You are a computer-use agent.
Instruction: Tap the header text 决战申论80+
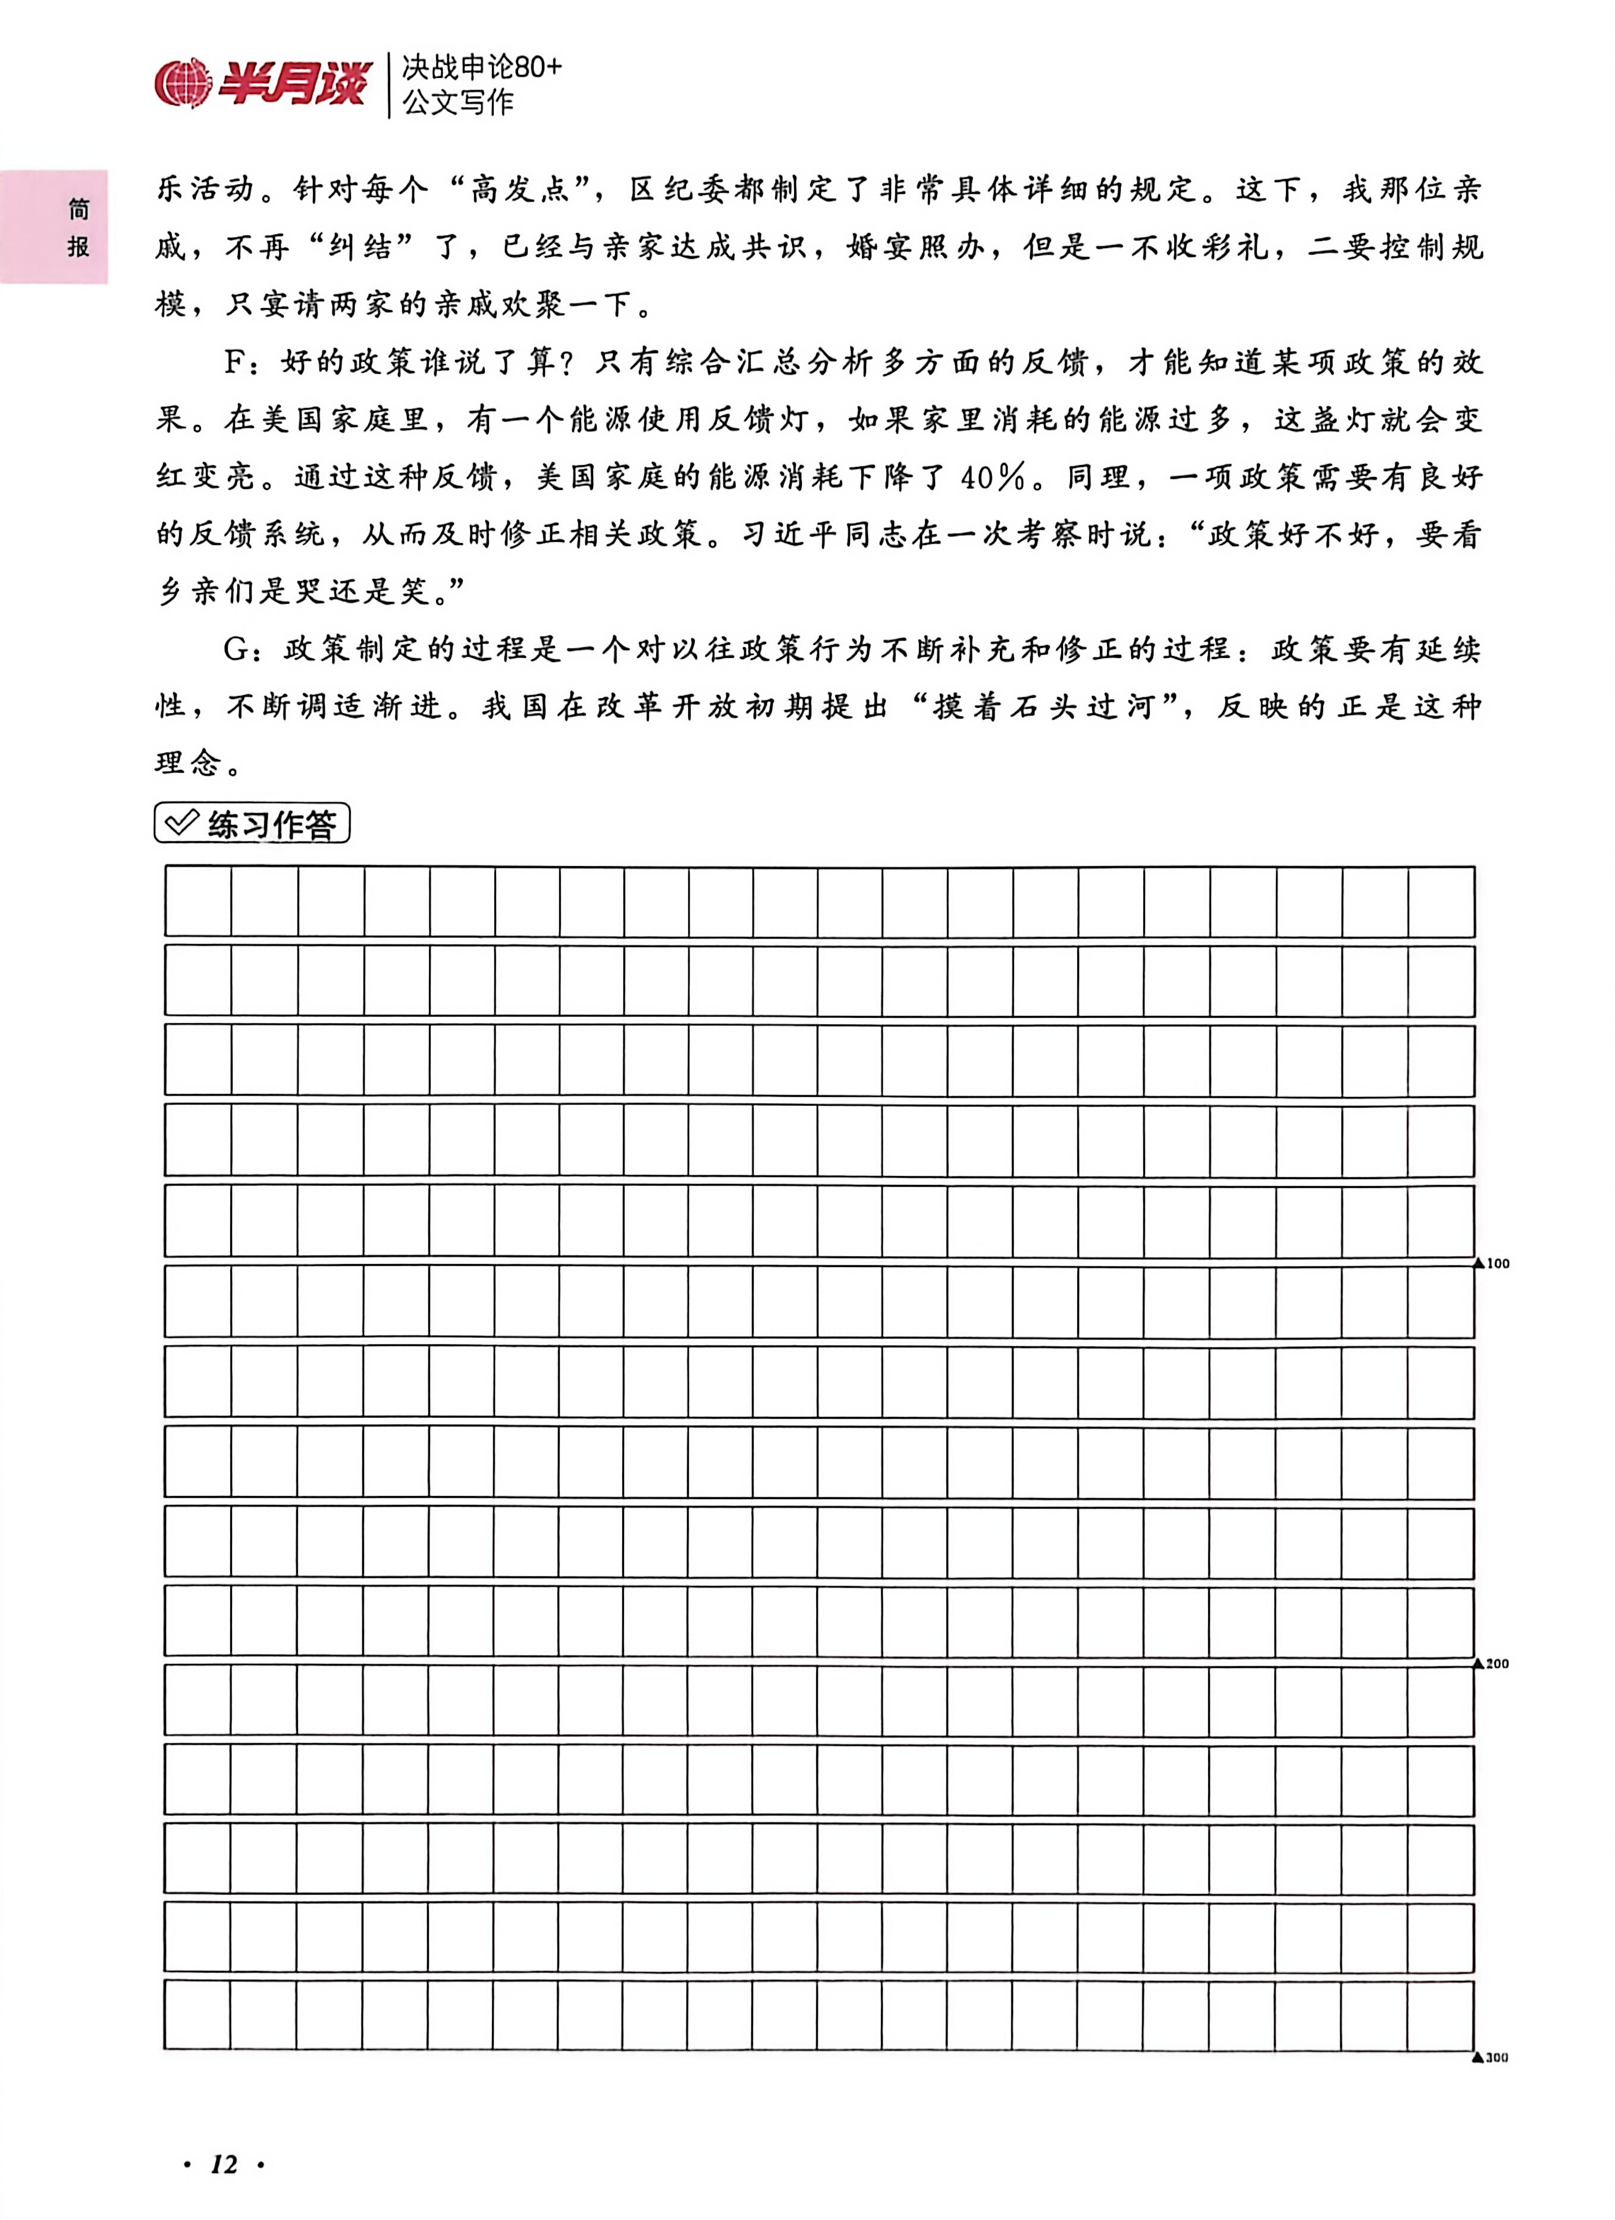(x=482, y=68)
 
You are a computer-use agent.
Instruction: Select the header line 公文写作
(x=458, y=102)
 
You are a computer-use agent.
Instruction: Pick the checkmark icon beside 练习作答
(x=181, y=822)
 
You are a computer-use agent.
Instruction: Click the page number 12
(x=224, y=2163)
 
